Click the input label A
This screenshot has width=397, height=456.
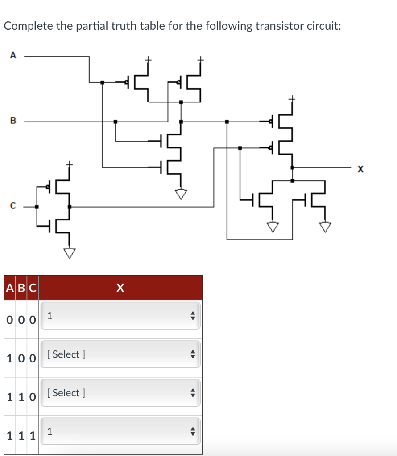pyautogui.click(x=13, y=55)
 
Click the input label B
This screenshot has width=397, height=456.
pyautogui.click(x=13, y=120)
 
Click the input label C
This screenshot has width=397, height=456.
pyautogui.click(x=13, y=206)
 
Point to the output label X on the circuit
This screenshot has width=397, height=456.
pyautogui.click(x=360, y=169)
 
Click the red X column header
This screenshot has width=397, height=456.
pyautogui.click(x=120, y=288)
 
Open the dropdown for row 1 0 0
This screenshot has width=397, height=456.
pyautogui.click(x=120, y=354)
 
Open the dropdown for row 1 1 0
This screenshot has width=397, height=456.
pyautogui.click(x=120, y=393)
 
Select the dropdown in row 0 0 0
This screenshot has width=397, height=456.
pyautogui.click(x=120, y=316)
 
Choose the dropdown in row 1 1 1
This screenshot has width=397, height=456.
pyautogui.click(x=120, y=431)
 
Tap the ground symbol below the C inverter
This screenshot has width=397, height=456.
pyautogui.click(x=69, y=253)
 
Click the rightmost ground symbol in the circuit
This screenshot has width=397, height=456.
pyautogui.click(x=326, y=227)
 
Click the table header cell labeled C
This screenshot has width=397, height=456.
pyautogui.click(x=32, y=288)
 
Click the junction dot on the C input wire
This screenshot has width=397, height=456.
pyautogui.click(x=37, y=207)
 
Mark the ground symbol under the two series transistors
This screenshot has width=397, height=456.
pyautogui.click(x=181, y=194)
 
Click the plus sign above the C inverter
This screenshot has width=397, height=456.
pyautogui.click(x=69, y=164)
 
